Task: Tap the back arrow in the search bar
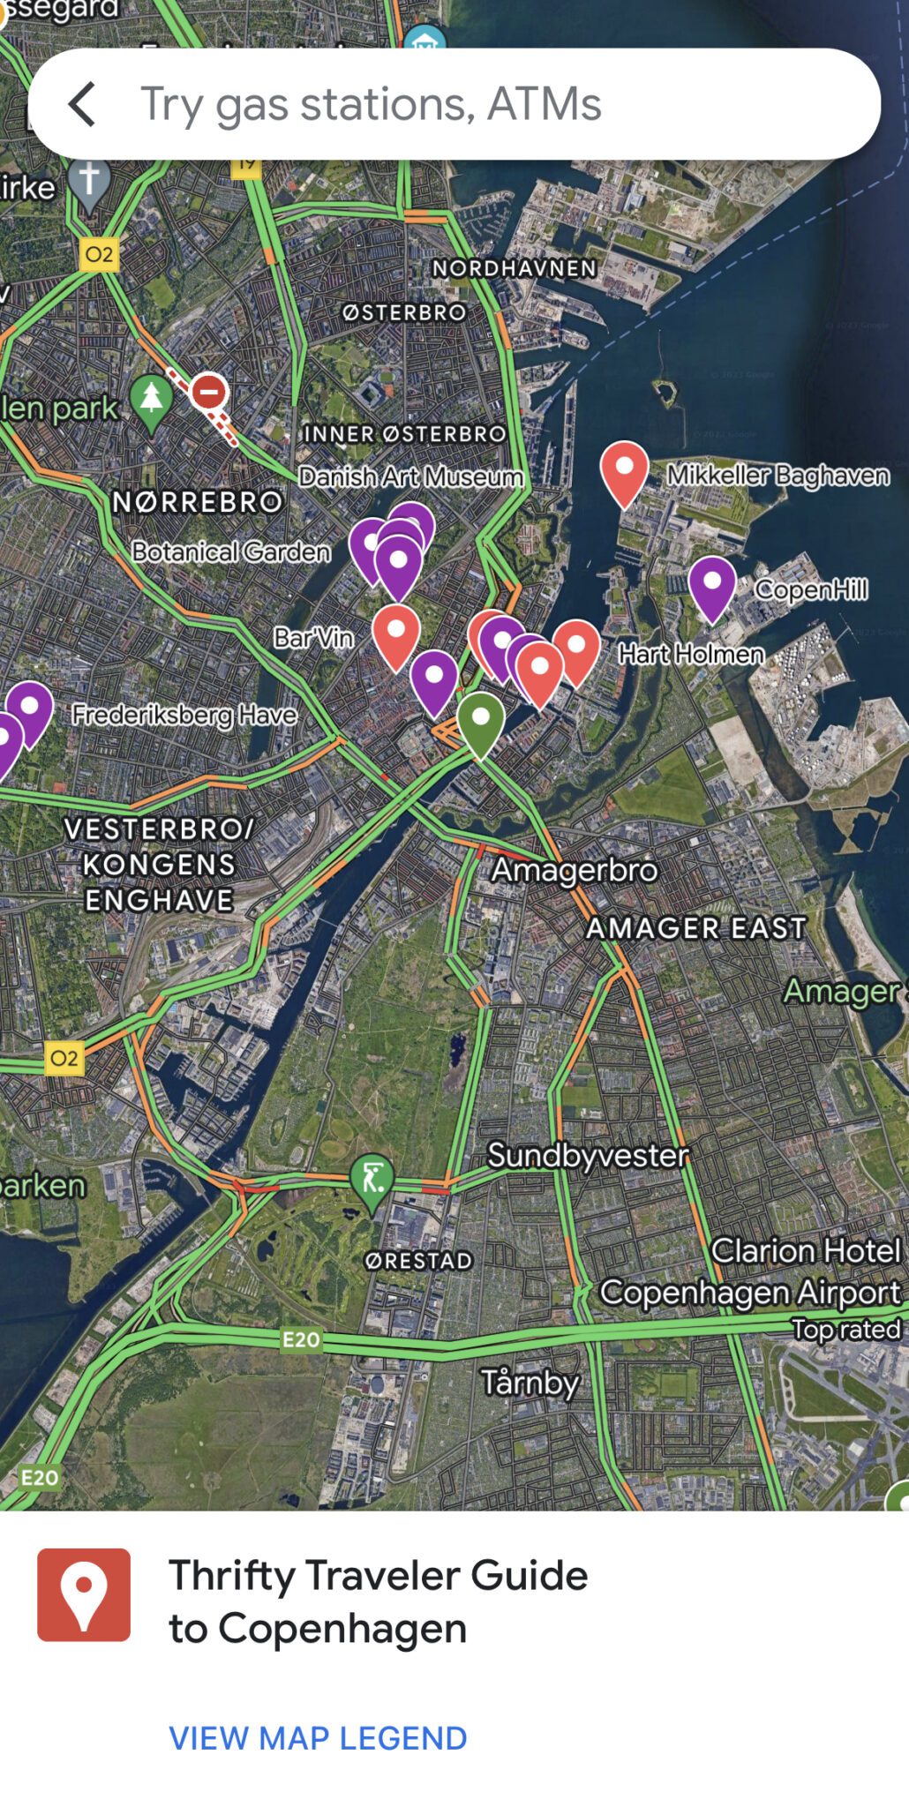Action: click(x=82, y=104)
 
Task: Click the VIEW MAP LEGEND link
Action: click(x=318, y=1737)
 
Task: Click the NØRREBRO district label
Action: click(x=197, y=502)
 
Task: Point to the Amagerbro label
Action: click(x=575, y=870)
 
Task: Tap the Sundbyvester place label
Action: click(x=588, y=1155)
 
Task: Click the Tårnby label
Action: click(x=530, y=1382)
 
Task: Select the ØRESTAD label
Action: click(x=419, y=1261)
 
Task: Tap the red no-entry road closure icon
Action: click(x=209, y=391)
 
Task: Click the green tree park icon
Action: click(x=152, y=399)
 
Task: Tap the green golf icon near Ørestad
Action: click(x=372, y=1179)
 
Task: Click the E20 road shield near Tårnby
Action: click(x=301, y=1339)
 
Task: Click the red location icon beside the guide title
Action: click(x=84, y=1594)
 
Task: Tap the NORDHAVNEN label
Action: click(x=515, y=268)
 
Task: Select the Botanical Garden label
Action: click(x=231, y=551)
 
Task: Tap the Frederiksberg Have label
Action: click(x=184, y=714)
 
